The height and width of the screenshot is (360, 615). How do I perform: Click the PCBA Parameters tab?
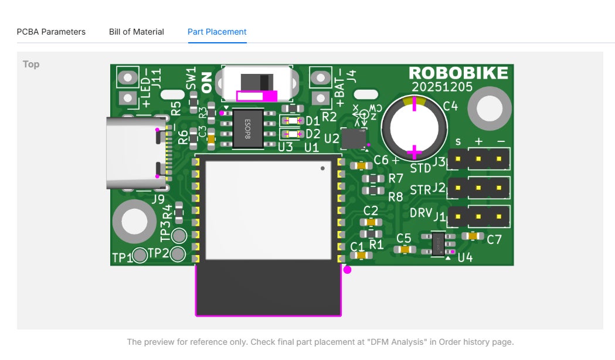51,32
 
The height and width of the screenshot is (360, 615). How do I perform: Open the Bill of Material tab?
137,32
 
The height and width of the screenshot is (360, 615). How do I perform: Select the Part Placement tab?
217,32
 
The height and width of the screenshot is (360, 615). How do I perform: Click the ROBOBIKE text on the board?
458,73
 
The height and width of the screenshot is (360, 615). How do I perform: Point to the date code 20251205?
442,87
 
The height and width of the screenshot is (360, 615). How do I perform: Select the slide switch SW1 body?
257,83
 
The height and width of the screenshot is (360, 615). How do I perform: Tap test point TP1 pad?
140,256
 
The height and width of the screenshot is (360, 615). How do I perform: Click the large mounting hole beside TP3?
134,222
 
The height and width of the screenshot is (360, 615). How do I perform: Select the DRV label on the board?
421,213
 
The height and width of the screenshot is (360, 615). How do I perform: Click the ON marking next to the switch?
206,82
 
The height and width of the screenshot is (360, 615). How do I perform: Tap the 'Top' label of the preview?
31,64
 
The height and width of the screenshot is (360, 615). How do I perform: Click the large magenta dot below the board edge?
348,270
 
